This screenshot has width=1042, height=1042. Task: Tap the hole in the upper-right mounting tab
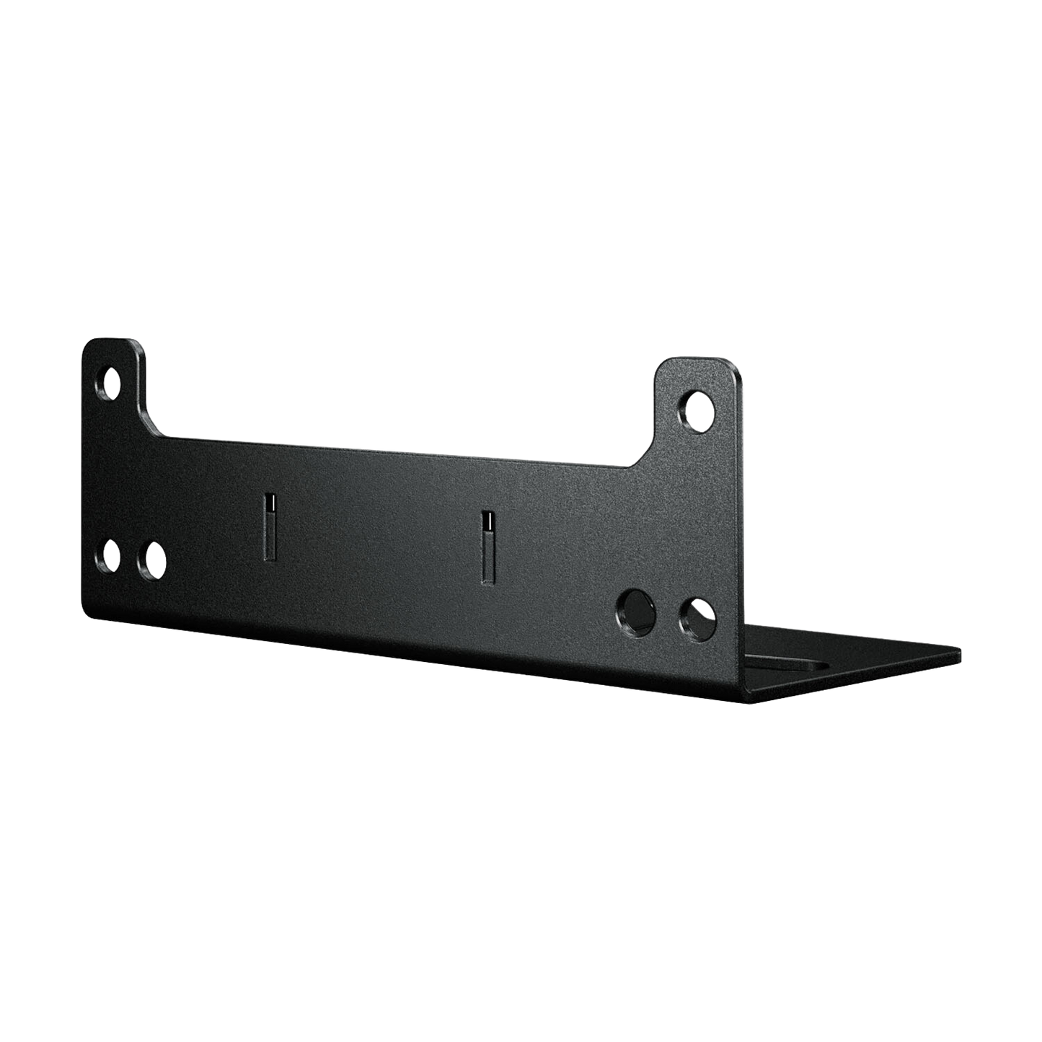point(699,410)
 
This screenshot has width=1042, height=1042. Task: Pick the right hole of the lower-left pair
point(151,560)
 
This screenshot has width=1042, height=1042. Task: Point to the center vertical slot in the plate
point(488,546)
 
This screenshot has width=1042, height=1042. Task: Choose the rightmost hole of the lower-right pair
point(697,617)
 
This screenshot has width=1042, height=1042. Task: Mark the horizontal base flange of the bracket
point(851,663)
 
